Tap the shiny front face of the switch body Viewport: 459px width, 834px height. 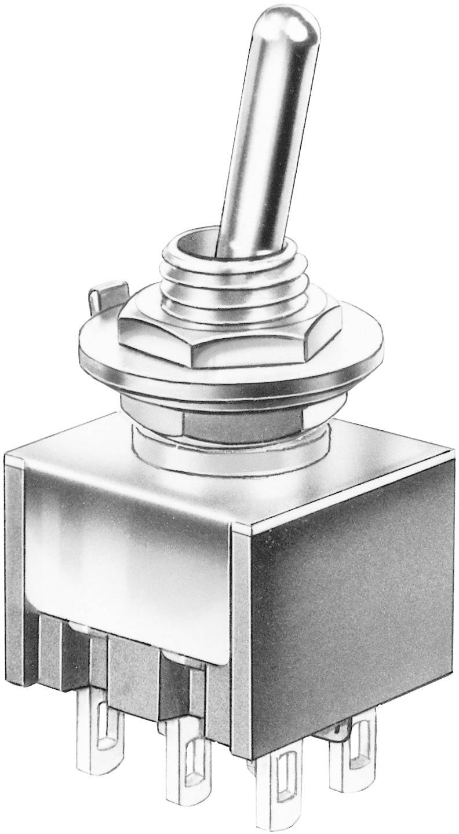pyautogui.click(x=128, y=556)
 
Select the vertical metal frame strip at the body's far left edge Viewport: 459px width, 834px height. pyautogui.click(x=14, y=568)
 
